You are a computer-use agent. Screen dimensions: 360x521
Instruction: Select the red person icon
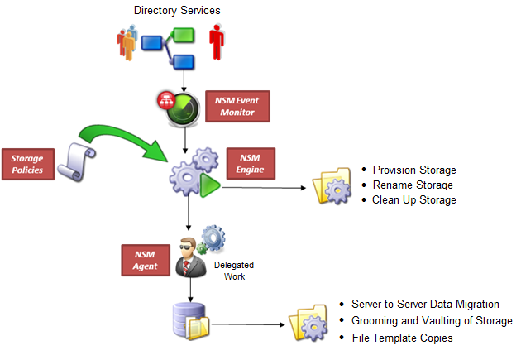point(217,41)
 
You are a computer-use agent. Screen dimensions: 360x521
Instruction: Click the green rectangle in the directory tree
point(184,35)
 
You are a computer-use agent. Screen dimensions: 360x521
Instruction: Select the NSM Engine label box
point(251,162)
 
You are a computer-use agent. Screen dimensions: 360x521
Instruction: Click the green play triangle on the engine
point(208,185)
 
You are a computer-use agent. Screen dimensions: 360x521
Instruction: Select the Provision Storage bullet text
point(414,170)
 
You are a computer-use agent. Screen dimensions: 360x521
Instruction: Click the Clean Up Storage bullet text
point(414,199)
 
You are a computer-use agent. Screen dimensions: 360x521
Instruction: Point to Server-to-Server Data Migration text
point(425,305)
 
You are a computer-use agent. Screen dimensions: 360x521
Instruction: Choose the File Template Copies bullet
point(402,338)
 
